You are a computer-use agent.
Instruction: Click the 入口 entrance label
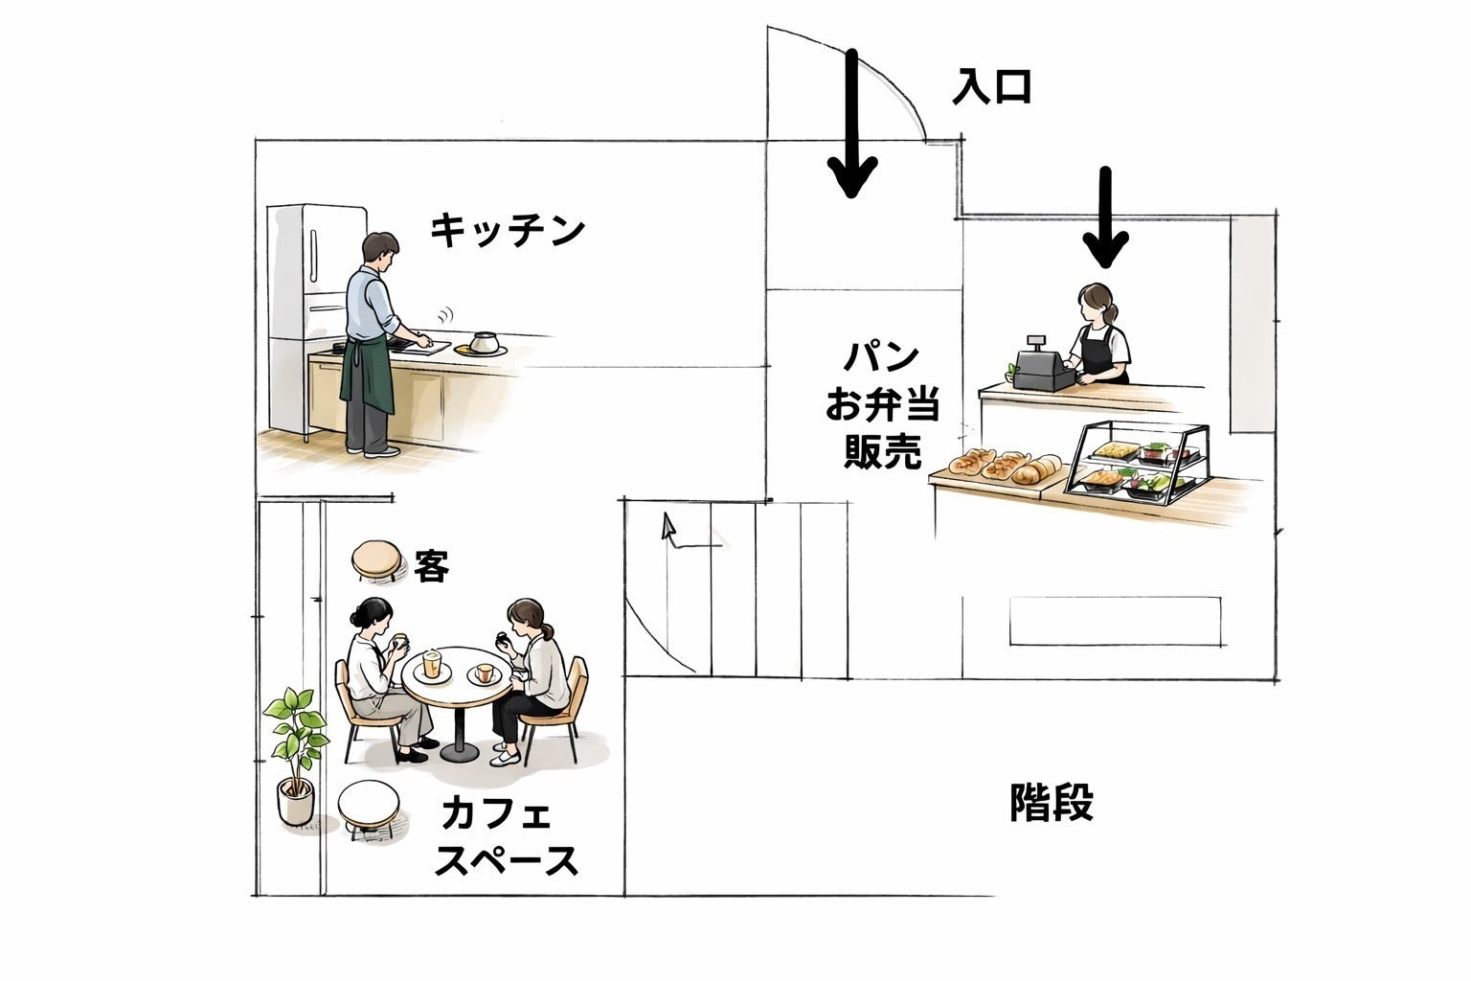991,87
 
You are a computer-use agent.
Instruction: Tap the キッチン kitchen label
507,231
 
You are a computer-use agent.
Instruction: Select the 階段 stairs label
1052,803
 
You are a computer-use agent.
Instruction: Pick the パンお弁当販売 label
881,406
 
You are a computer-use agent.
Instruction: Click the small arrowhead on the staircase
668,526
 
